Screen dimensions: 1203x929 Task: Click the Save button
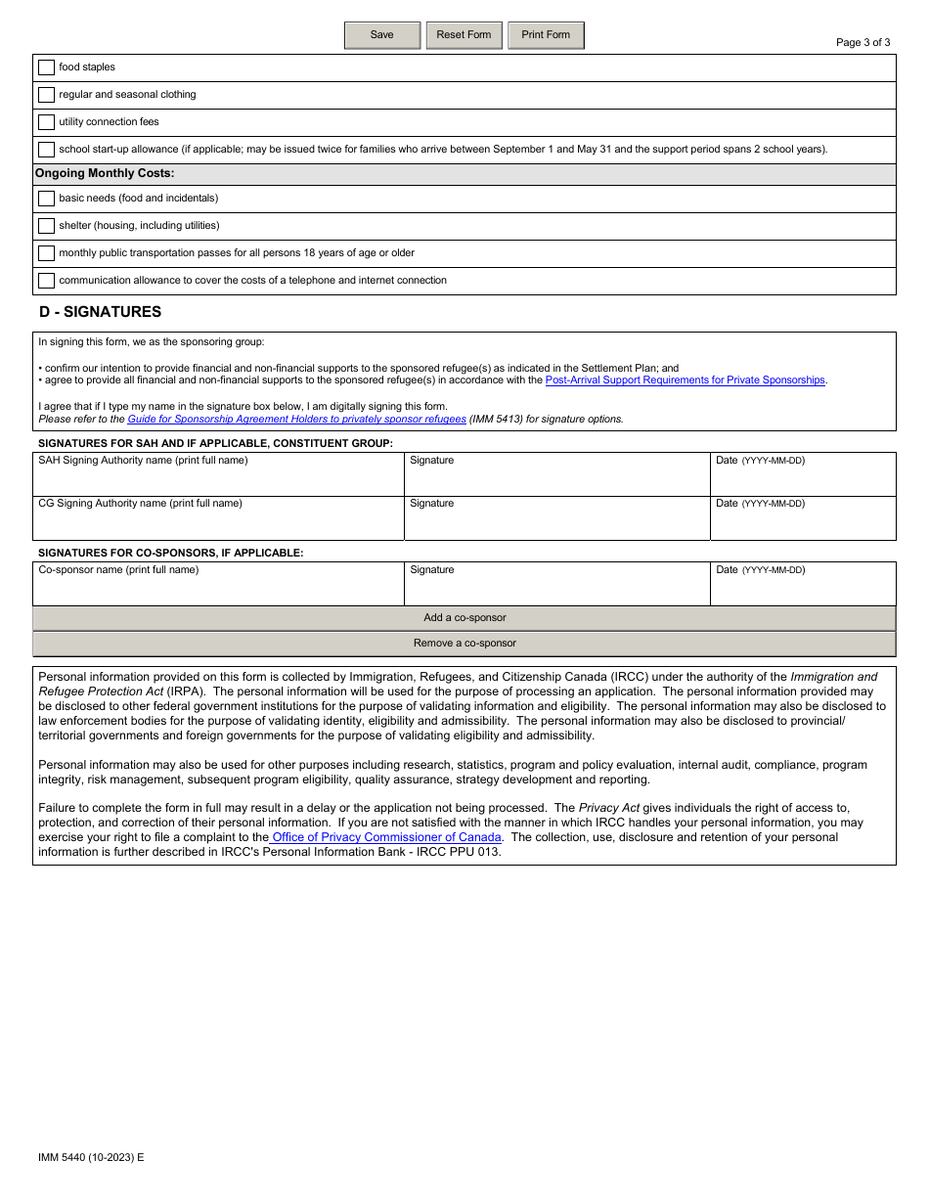(x=381, y=35)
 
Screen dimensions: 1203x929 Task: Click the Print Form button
(x=545, y=35)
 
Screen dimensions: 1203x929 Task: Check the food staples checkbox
(x=46, y=67)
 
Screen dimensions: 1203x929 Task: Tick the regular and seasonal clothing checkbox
(x=46, y=95)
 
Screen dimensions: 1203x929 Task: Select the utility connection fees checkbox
(x=46, y=122)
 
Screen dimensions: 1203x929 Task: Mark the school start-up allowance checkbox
(x=46, y=150)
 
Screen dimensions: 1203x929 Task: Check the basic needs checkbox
(x=46, y=199)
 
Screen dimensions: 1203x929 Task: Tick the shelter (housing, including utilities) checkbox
(x=46, y=226)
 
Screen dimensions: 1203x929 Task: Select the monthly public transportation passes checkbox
(x=46, y=253)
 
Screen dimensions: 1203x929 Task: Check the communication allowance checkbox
(x=46, y=281)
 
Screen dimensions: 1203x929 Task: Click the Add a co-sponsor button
(x=464, y=618)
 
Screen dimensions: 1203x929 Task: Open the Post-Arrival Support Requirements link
(x=685, y=380)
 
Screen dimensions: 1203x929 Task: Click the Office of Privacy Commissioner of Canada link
(x=386, y=837)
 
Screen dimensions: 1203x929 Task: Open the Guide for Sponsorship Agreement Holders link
(x=296, y=420)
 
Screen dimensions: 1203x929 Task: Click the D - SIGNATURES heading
(x=100, y=312)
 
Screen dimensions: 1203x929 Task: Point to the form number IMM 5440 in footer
(x=90, y=1157)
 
